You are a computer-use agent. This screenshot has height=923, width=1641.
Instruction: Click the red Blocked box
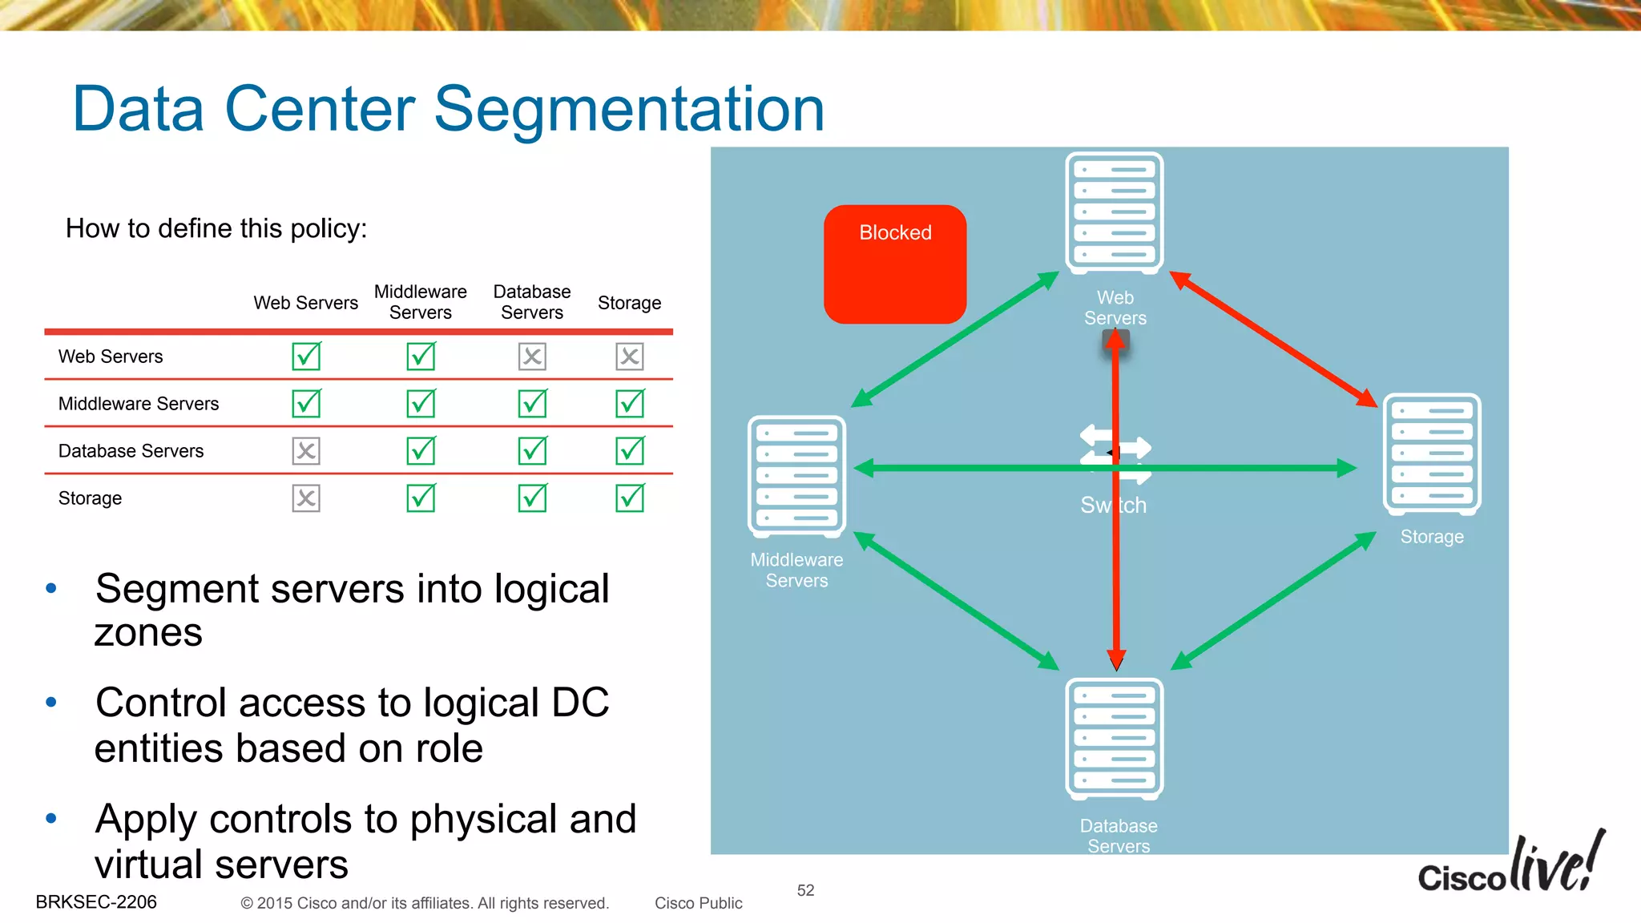(895, 264)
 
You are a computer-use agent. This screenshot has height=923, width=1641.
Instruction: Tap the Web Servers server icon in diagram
(1114, 213)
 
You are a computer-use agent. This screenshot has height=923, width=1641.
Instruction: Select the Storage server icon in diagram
(1431, 453)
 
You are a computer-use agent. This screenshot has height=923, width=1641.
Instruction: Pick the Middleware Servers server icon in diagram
(796, 476)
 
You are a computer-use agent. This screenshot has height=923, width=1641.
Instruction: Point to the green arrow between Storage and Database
(1274, 600)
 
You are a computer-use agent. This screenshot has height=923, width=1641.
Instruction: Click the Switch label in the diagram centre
(1113, 505)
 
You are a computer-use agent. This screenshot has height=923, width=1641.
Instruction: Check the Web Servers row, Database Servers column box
(532, 357)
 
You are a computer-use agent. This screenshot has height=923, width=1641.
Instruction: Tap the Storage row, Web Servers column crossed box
(306, 498)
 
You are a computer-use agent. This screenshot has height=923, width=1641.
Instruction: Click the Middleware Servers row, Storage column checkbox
(630, 403)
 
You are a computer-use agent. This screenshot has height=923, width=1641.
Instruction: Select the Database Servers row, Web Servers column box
(306, 451)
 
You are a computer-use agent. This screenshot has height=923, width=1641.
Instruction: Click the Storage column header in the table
(629, 303)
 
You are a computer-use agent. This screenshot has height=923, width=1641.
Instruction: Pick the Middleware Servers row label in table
(139, 404)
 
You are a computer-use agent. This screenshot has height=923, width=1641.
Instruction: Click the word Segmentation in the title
(629, 110)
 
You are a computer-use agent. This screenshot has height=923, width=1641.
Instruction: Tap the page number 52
(805, 890)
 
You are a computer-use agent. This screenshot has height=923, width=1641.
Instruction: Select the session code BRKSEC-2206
(96, 902)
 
